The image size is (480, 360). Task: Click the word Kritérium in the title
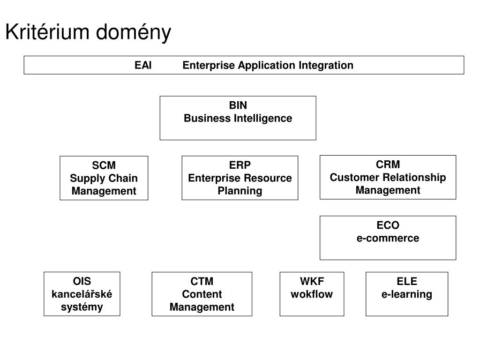(47, 31)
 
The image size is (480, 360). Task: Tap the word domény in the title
(134, 32)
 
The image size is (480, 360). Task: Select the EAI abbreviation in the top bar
(143, 65)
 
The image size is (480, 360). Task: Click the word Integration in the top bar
(326, 66)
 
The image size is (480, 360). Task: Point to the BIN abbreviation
(238, 105)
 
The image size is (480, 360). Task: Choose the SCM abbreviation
(104, 165)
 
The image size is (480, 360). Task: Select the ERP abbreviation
(240, 165)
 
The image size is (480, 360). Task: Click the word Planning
(240, 191)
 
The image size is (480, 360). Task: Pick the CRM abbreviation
(388, 165)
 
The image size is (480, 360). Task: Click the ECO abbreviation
(388, 225)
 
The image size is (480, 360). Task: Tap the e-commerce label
(388, 238)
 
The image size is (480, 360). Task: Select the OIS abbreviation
(82, 281)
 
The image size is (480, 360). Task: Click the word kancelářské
(82, 294)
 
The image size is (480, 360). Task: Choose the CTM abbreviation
(202, 281)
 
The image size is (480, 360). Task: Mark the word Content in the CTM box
(202, 294)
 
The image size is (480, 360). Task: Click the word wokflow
(312, 294)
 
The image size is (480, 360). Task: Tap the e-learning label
(407, 294)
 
